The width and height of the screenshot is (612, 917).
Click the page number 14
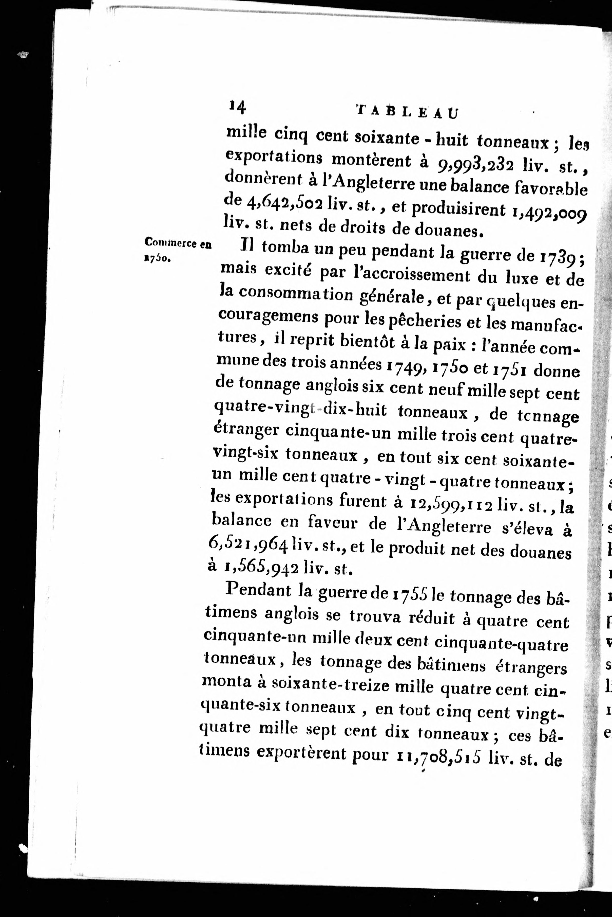[237, 107]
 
